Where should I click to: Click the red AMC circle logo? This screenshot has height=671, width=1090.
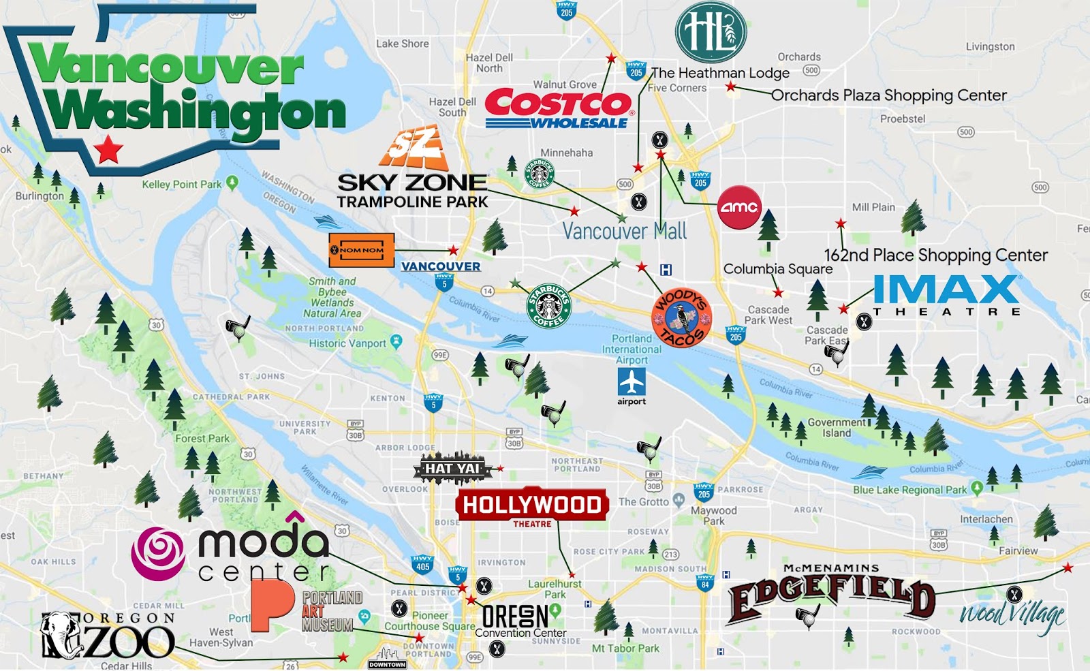[739, 207]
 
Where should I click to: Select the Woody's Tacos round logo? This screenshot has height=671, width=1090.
[681, 318]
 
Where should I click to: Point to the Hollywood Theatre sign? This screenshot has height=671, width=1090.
[531, 506]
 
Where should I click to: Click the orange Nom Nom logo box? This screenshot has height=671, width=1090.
[361, 250]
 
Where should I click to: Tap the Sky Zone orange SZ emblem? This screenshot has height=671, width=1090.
[414, 148]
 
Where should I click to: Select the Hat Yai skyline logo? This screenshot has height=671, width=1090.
[452, 468]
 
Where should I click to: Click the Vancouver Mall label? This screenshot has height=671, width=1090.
[624, 232]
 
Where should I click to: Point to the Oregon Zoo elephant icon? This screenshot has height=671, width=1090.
[60, 636]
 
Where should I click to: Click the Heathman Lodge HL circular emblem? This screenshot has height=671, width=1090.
[711, 32]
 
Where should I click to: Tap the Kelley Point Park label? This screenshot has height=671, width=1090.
[182, 185]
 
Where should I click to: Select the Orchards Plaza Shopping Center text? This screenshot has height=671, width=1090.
[888, 95]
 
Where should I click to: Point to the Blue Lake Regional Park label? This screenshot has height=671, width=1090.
[909, 490]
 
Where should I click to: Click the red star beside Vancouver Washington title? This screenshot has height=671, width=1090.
[108, 149]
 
